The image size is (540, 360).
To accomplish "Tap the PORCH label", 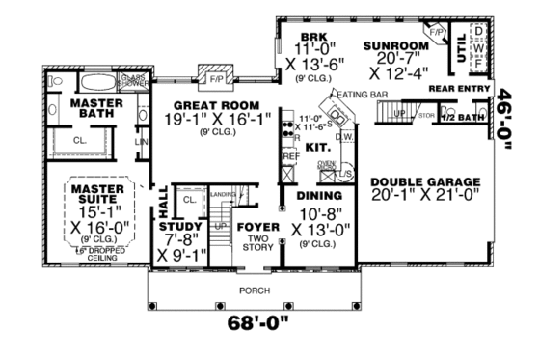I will [x=255, y=289].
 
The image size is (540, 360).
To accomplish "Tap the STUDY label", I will [x=180, y=228].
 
